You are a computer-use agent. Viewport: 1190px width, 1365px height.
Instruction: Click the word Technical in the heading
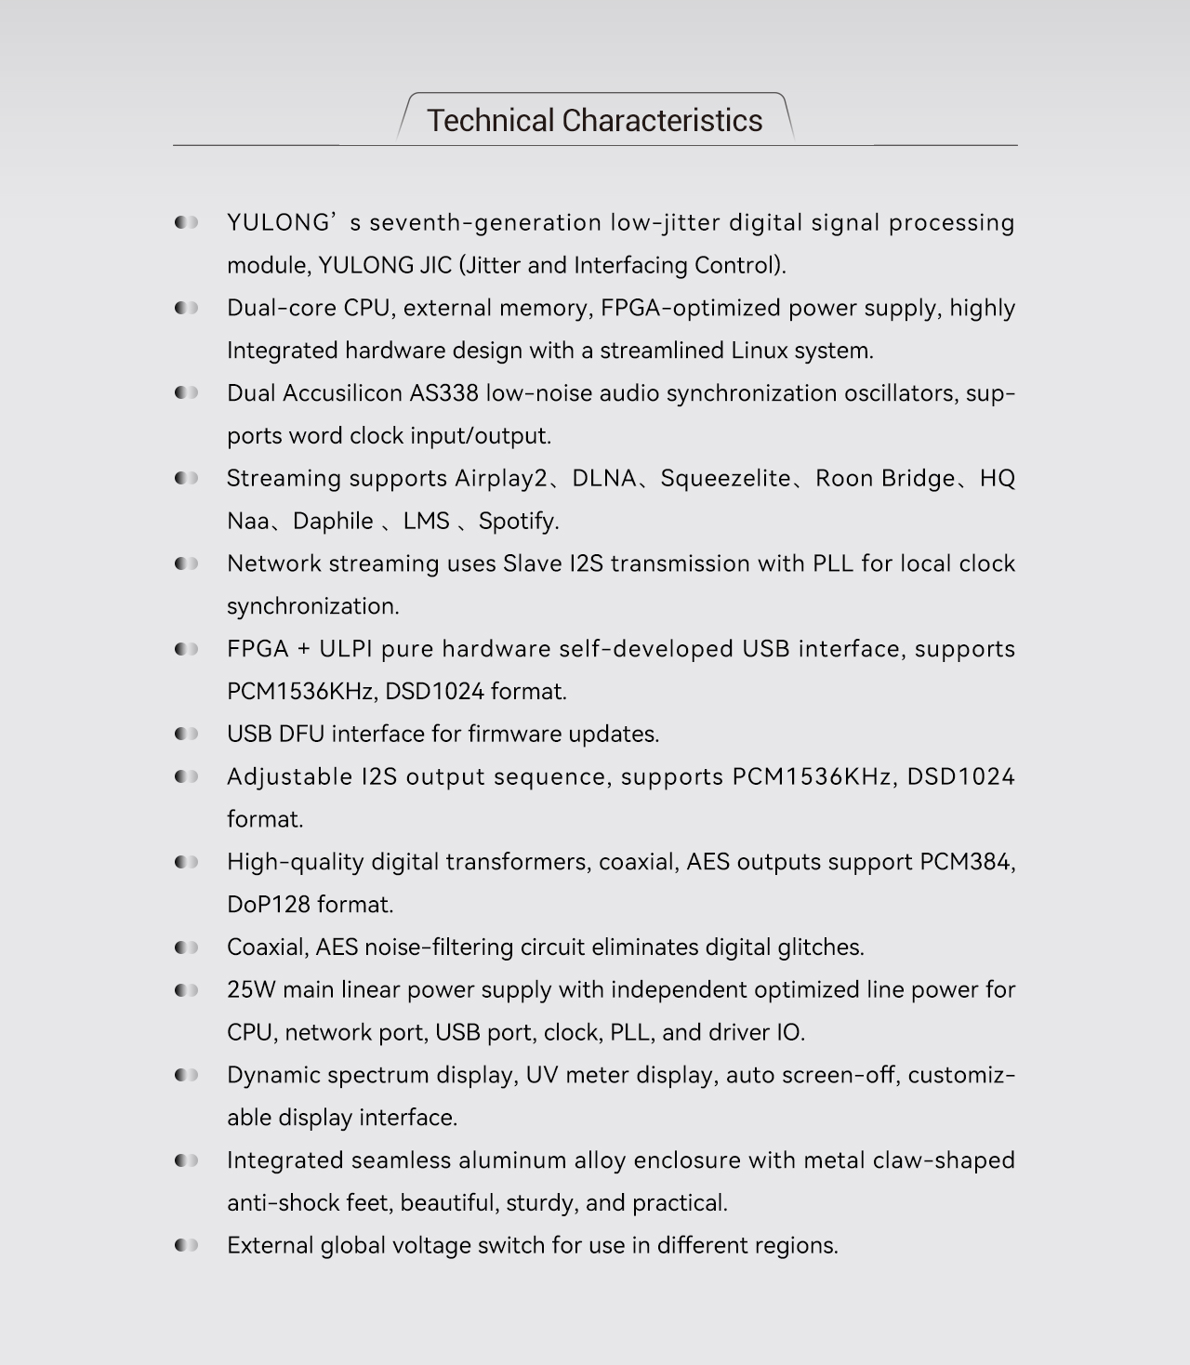(x=490, y=121)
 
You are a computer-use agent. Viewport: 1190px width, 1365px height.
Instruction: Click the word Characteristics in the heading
(x=662, y=121)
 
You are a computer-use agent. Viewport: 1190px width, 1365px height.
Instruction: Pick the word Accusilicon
(x=342, y=393)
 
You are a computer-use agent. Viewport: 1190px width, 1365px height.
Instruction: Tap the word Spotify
(x=518, y=522)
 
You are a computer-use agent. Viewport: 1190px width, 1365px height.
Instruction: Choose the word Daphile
(x=333, y=522)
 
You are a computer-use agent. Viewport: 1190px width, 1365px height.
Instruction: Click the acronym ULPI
(x=346, y=649)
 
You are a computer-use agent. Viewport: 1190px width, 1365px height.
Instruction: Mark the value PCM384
(x=966, y=862)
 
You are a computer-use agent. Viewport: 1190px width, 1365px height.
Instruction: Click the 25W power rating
(x=251, y=990)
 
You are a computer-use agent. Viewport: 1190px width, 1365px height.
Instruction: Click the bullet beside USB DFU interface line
(x=186, y=735)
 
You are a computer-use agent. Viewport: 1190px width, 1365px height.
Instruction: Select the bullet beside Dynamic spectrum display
(x=186, y=1076)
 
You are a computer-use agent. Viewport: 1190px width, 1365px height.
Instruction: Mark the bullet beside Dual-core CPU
(x=186, y=308)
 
